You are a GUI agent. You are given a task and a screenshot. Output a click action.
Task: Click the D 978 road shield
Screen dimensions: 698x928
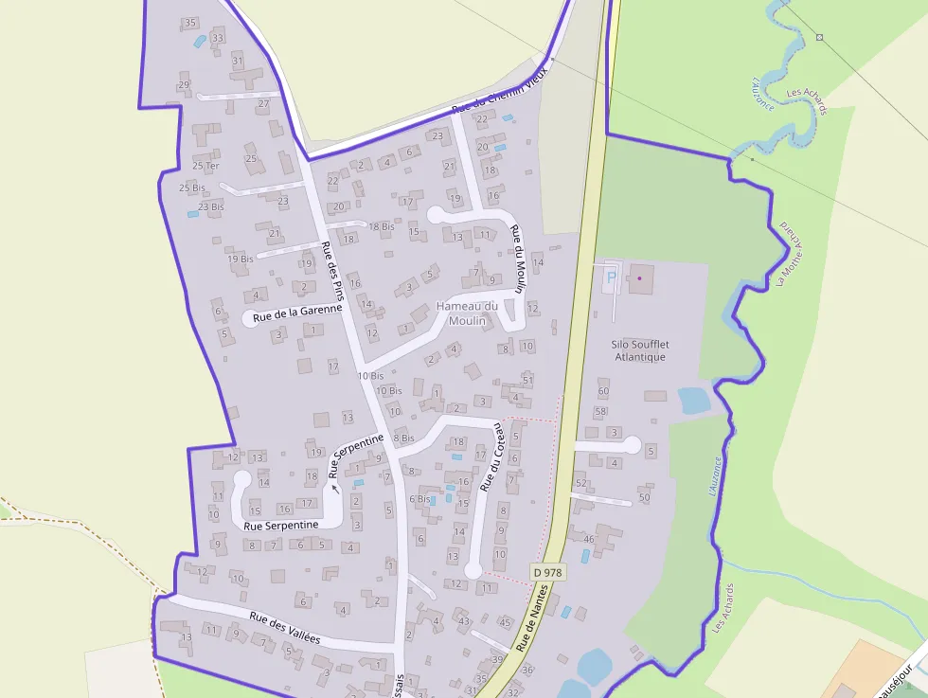[546, 572]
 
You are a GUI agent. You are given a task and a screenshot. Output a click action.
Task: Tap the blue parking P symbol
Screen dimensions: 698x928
[611, 277]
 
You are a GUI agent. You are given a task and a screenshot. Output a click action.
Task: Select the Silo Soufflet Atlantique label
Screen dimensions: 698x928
[638, 350]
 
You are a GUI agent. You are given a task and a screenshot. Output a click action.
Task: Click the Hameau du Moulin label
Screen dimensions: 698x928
[467, 313]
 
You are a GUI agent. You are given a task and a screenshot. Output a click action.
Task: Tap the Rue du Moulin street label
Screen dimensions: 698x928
[518, 258]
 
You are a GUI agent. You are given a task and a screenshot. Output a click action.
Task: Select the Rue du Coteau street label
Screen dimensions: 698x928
[492, 456]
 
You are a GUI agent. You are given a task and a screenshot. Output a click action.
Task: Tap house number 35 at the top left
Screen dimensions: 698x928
[190, 23]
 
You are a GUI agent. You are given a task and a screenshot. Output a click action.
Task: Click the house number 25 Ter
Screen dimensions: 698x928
[205, 166]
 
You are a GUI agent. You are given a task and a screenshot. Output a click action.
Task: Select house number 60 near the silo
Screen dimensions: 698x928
[603, 391]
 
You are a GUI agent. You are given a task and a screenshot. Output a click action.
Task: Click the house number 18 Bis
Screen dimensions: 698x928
[381, 226]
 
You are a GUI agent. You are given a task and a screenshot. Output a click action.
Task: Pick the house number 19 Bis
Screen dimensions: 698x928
[240, 259]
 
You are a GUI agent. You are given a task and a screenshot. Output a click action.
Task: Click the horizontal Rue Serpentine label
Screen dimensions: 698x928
[280, 525]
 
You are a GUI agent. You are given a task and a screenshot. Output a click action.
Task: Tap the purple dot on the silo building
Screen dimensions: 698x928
[639, 278]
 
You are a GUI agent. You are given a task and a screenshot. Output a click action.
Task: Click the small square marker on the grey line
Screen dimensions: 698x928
[820, 38]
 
